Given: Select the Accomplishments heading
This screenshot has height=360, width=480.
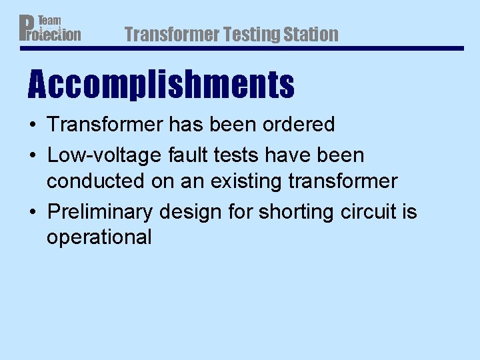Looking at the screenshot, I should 161,85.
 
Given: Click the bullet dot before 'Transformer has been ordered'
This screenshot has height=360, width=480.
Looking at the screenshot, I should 32,125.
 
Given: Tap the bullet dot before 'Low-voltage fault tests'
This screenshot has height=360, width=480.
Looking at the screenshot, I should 32,156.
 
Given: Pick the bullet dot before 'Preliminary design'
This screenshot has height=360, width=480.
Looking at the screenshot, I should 32,213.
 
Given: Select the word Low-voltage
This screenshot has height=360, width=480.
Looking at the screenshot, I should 94,155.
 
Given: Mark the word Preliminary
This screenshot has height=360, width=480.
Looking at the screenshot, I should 101,212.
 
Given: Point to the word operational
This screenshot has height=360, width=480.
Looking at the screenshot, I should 99,237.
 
